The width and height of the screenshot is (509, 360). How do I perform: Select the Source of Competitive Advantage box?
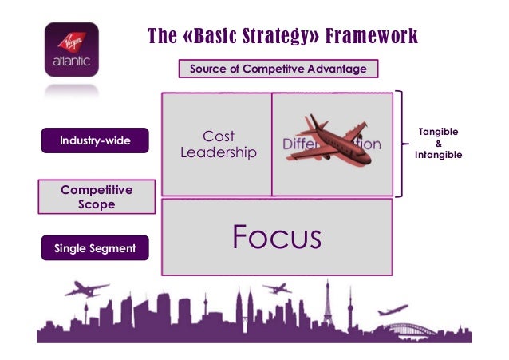tap(278, 69)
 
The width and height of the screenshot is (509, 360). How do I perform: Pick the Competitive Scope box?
tap(97, 196)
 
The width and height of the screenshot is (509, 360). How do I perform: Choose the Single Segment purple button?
tap(95, 249)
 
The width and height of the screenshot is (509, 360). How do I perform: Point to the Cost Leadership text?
tap(218, 144)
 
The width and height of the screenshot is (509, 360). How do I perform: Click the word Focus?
tap(276, 237)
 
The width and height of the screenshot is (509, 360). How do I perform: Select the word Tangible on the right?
tap(438, 131)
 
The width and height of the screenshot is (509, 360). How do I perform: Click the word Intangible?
tap(438, 154)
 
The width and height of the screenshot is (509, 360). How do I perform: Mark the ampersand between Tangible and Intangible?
tap(438, 143)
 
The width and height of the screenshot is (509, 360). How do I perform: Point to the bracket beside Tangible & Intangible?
tap(402, 144)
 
